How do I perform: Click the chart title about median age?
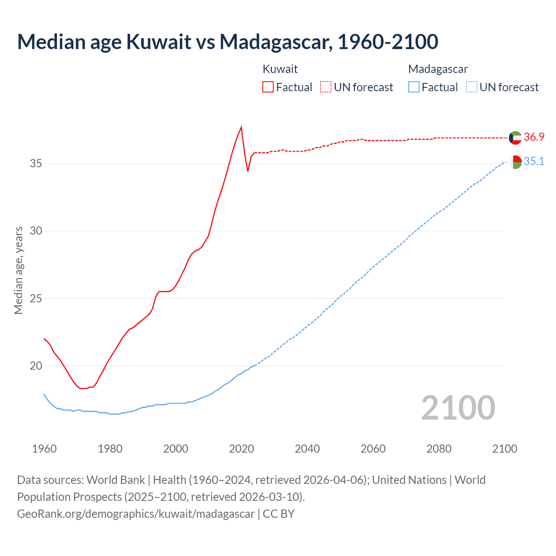pyautogui.click(x=227, y=42)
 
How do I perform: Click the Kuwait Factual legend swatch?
pyautogui.click(x=268, y=87)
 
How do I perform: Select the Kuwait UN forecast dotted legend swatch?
pyautogui.click(x=326, y=87)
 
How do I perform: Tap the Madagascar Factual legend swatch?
pyautogui.click(x=414, y=87)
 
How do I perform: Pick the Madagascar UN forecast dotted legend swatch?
pyautogui.click(x=471, y=87)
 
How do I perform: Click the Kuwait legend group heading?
pyautogui.click(x=280, y=69)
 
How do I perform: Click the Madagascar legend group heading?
pyautogui.click(x=438, y=69)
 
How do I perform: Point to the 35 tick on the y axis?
pyautogui.click(x=36, y=164)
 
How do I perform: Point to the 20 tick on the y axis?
pyautogui.click(x=36, y=366)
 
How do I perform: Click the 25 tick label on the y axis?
pyautogui.click(x=36, y=298)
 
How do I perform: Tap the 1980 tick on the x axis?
pyautogui.click(x=110, y=449)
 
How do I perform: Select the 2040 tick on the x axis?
pyautogui.click(x=307, y=449)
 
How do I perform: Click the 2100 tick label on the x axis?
pyautogui.click(x=504, y=449)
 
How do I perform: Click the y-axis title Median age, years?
pyautogui.click(x=18, y=270)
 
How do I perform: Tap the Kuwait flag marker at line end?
pyautogui.click(x=515, y=138)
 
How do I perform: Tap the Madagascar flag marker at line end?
pyautogui.click(x=515, y=162)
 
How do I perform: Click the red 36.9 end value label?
pyautogui.click(x=534, y=137)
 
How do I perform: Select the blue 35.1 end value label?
pyautogui.click(x=534, y=162)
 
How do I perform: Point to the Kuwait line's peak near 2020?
pyautogui.click(x=241, y=127)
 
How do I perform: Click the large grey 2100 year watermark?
pyautogui.click(x=458, y=408)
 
